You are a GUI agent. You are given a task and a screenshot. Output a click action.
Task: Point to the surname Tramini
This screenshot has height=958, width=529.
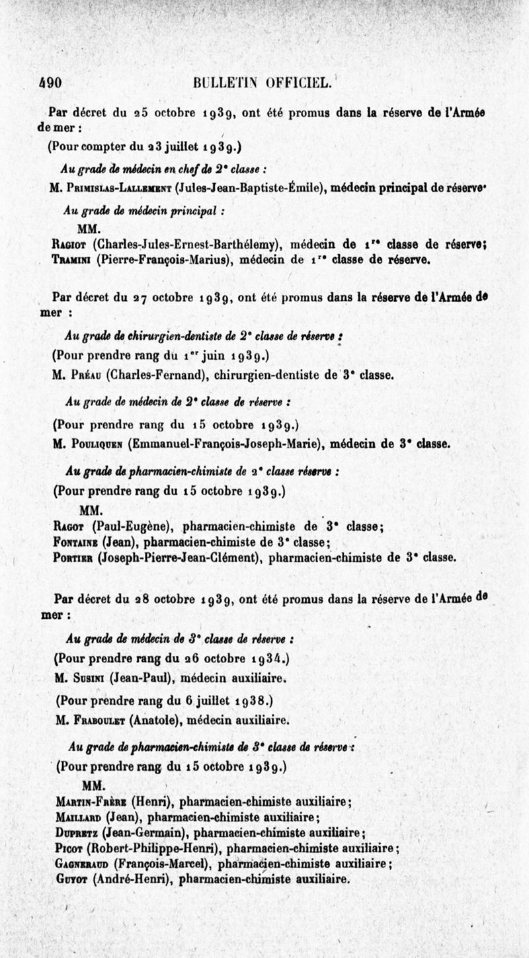pyautogui.click(x=71, y=259)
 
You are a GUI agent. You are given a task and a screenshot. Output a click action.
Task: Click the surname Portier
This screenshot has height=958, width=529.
pyautogui.click(x=73, y=557)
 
